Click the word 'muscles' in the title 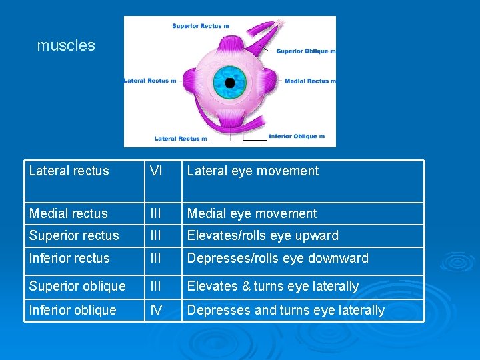click(x=66, y=46)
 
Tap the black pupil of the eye click(x=230, y=83)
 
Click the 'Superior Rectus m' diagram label click(x=201, y=26)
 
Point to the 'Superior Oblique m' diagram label click(x=306, y=51)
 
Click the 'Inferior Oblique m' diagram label click(x=297, y=136)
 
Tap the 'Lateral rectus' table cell click(x=69, y=171)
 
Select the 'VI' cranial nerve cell click(x=156, y=171)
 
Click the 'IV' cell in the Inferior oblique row click(x=156, y=310)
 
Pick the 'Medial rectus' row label click(x=69, y=214)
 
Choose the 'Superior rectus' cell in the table click(x=74, y=236)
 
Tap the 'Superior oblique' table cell click(x=77, y=287)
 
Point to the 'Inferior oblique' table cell click(x=73, y=311)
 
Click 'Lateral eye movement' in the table click(x=253, y=171)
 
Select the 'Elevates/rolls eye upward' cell click(x=263, y=236)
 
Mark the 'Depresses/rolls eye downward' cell click(x=277, y=259)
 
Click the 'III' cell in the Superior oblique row click(x=156, y=287)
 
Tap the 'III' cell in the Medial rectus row click(x=156, y=214)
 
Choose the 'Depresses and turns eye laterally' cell click(x=285, y=311)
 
